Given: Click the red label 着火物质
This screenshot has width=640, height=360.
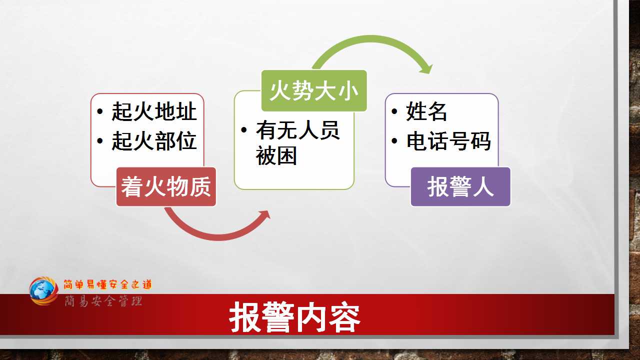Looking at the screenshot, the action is pos(166,186).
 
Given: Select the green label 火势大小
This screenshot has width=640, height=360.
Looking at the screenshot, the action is pos(314,90).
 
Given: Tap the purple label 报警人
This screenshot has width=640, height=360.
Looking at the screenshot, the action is pos(460,186).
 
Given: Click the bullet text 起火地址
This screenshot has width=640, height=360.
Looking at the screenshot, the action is pos(154,111).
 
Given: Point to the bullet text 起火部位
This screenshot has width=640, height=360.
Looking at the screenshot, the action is pos(154,141).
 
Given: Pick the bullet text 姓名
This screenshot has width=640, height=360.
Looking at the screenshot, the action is pos(426,111).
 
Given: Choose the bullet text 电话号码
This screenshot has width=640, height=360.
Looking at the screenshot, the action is pos(448,141).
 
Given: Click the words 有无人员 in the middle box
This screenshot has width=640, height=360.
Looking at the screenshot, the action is pos(297,130).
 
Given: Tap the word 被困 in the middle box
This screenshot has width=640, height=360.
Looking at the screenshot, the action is pos(276,155).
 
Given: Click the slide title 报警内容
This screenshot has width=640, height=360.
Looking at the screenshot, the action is pos(294,317).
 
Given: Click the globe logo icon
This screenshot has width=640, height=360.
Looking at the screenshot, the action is pos(43,290).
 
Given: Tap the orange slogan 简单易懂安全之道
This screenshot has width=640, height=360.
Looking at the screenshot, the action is pos(107,284).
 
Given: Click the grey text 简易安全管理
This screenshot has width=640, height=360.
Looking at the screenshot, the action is pos(103,301).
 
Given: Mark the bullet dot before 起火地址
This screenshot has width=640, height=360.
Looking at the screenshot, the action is pos(100,111).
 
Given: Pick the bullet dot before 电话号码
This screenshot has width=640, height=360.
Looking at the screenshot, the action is pos(394,140).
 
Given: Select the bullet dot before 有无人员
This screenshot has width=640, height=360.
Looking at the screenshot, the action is pos(244,130).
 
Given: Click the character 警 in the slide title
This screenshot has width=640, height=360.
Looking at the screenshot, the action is pos(278,317).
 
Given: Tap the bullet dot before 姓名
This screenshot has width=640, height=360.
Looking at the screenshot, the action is pos(394,111).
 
